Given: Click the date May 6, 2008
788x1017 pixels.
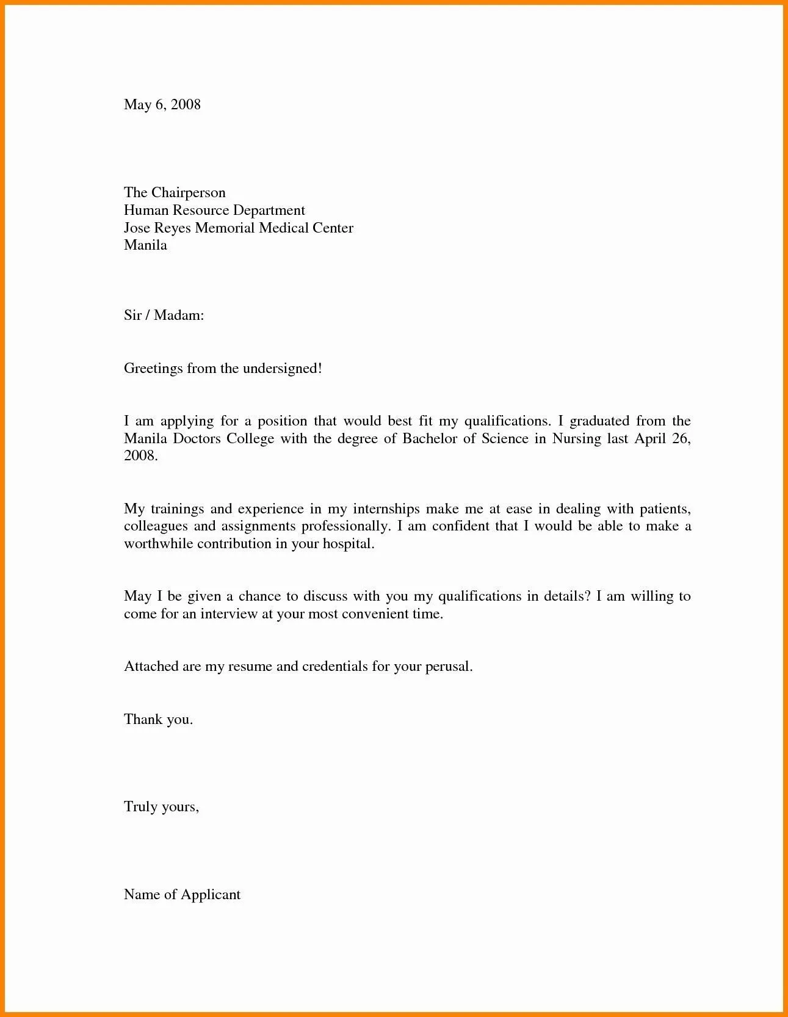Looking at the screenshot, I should (162, 104).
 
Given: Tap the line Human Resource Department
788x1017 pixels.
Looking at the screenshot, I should (214, 211).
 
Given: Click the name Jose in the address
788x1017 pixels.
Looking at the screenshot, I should (136, 228).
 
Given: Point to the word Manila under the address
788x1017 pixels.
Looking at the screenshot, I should (145, 245).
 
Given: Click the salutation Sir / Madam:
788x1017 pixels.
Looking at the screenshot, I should (164, 316).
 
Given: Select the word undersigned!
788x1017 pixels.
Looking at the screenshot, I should (282, 369).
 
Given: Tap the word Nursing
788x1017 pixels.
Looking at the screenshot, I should (577, 439).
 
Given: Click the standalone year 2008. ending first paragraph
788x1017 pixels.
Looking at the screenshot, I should (141, 457).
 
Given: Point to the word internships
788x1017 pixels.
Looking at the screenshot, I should (386, 509).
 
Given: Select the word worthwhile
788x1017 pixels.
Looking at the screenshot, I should (158, 544).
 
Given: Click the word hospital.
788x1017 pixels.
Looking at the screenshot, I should (348, 544).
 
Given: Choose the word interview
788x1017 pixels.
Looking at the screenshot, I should (229, 614).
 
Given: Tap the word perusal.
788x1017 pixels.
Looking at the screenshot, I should (449, 667).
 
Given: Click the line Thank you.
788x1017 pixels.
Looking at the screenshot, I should (158, 720).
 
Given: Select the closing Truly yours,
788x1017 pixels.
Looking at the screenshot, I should (161, 807).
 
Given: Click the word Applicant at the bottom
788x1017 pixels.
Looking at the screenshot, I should (211, 895).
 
